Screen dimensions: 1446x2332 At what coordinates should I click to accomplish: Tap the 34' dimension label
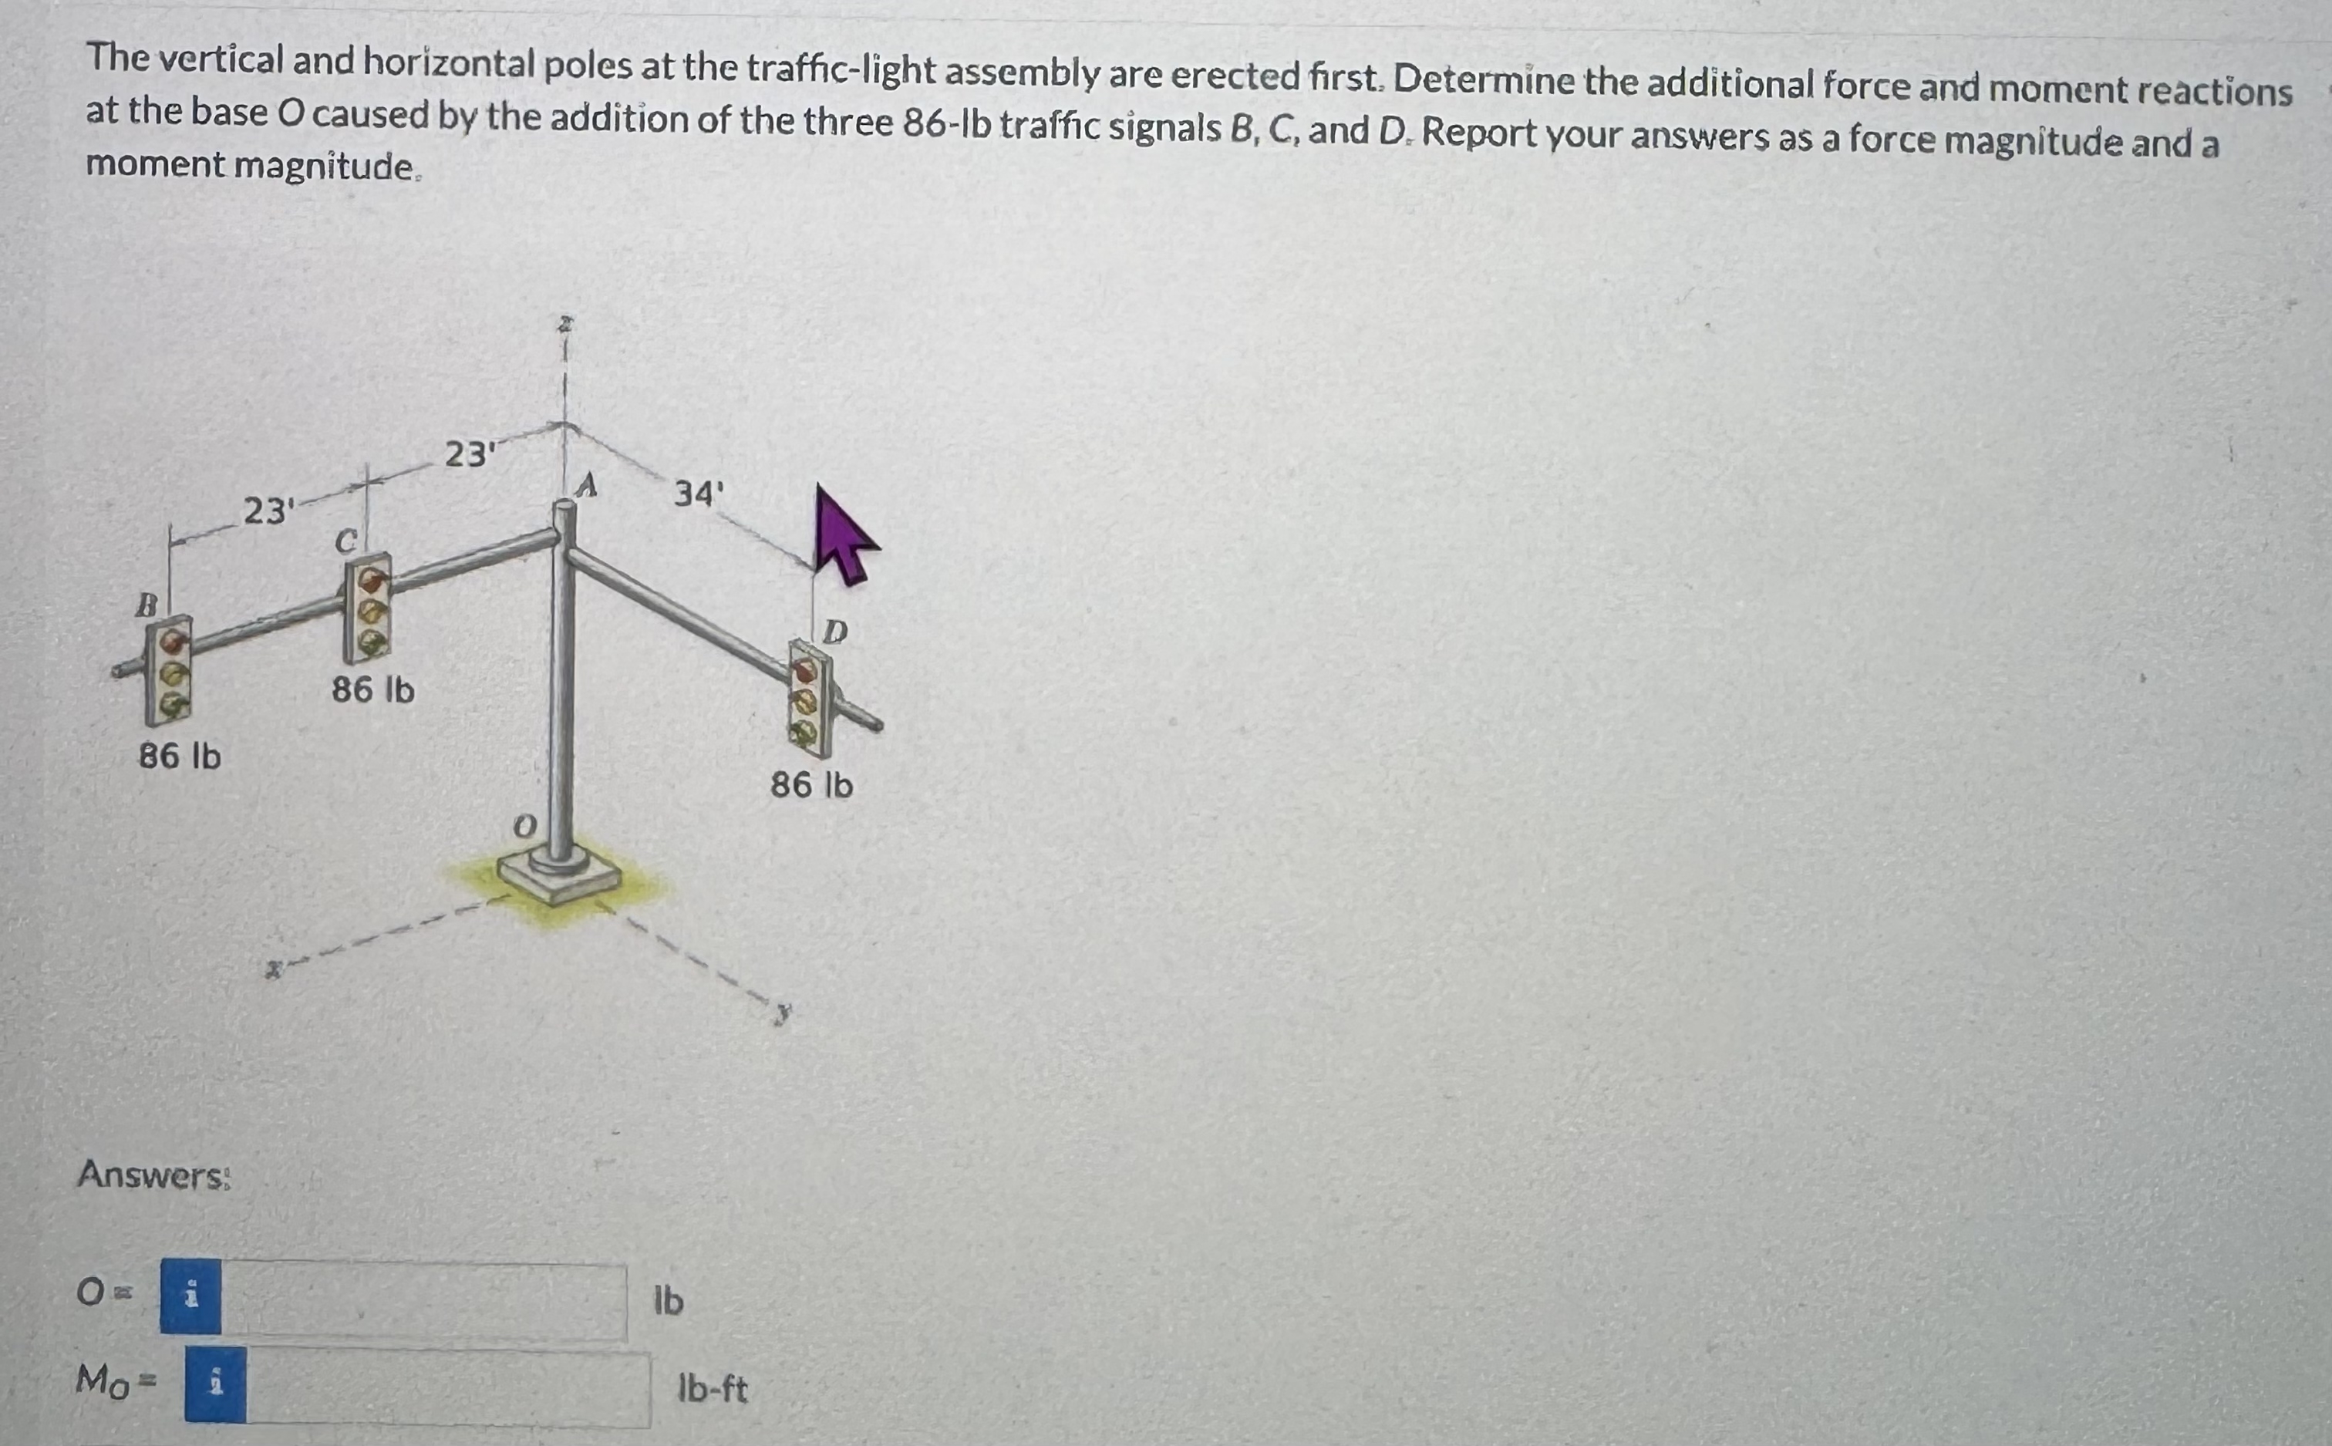pos(699,494)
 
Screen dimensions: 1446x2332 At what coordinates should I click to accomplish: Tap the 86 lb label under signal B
pos(180,757)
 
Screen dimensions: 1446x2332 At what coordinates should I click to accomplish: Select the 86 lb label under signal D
pos(812,785)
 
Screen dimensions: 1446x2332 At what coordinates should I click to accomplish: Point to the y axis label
pos(784,1013)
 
